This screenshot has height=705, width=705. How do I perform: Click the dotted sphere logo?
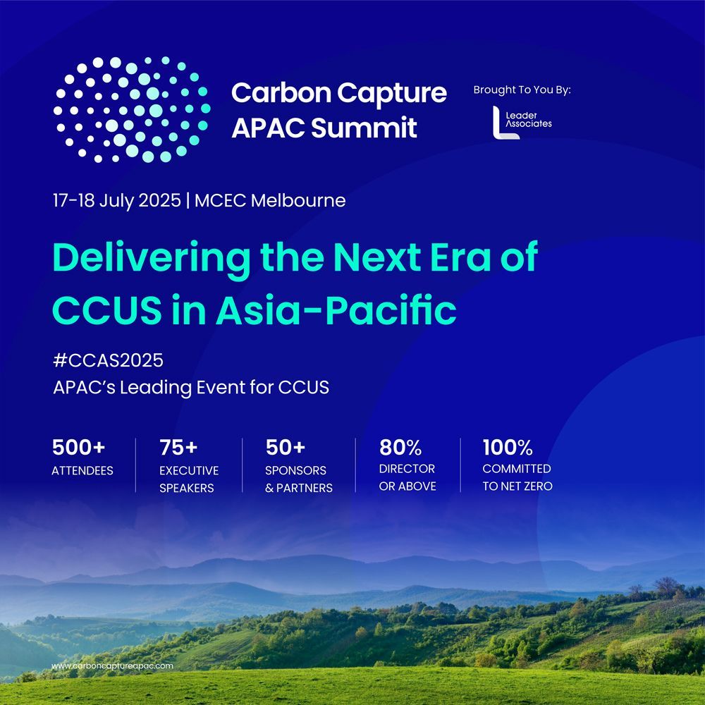(132, 109)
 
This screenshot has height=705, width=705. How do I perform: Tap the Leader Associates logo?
(522, 122)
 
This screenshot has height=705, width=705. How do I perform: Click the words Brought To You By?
(522, 90)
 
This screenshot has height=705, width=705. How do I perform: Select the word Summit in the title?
(364, 127)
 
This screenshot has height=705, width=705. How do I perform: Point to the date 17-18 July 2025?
(117, 200)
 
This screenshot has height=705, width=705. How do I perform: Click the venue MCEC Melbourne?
(270, 200)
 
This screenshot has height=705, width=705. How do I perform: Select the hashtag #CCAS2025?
(108, 360)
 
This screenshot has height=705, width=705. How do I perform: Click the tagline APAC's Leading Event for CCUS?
(191, 388)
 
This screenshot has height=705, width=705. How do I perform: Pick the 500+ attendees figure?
(79, 448)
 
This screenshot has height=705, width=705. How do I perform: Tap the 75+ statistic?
(178, 448)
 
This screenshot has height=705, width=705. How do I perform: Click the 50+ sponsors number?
(286, 448)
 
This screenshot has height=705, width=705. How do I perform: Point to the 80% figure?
(400, 448)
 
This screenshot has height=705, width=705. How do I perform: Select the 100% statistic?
(508, 448)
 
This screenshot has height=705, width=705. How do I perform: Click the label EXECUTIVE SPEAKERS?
(189, 479)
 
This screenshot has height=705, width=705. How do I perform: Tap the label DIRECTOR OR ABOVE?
(407, 477)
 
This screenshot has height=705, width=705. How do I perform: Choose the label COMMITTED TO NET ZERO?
(517, 477)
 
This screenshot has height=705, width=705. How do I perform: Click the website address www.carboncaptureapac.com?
(112, 666)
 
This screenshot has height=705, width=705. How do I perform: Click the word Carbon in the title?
(281, 93)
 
